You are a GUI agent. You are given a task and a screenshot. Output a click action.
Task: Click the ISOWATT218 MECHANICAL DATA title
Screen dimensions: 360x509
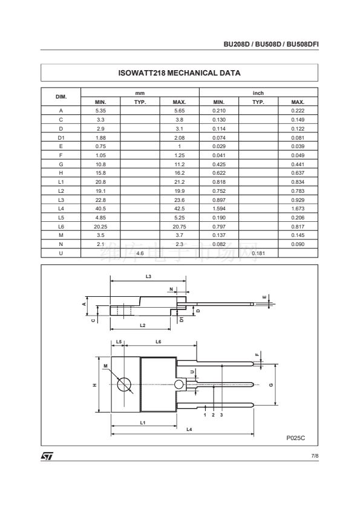click(179, 73)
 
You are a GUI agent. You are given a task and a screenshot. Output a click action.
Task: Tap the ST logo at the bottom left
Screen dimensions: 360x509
click(47, 456)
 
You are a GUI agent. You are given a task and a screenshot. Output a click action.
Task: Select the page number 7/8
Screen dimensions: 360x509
click(315, 456)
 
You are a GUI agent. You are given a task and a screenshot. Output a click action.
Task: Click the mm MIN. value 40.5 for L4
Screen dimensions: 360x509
click(100, 209)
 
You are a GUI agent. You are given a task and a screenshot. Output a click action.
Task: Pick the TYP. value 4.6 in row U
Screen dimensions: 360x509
click(140, 253)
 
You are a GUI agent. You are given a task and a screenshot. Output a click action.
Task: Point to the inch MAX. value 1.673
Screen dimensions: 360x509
click(298, 209)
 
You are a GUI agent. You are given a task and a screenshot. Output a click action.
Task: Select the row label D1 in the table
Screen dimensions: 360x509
click(61, 138)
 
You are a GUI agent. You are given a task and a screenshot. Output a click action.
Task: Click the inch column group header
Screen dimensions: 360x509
click(258, 93)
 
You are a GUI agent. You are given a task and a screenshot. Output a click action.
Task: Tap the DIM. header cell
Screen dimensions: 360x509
click(61, 97)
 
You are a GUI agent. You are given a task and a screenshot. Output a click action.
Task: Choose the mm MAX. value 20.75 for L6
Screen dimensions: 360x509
click(179, 227)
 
